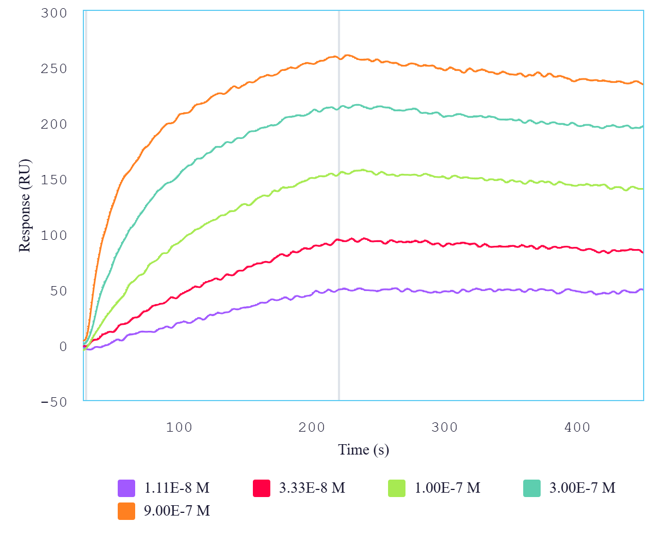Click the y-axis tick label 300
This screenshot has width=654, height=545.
[x=53, y=13]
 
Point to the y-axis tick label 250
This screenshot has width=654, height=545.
[x=53, y=69]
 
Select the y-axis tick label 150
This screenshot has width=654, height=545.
[x=53, y=180]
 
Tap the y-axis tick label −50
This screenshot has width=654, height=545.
[x=53, y=402]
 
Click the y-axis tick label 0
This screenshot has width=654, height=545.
[x=63, y=347]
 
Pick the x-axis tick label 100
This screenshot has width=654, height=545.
[x=180, y=427]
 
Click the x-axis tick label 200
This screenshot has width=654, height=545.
[x=312, y=427]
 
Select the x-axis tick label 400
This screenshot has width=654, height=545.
[x=578, y=427]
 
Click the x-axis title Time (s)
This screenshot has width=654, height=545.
[x=364, y=450]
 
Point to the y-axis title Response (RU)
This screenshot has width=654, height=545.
[x=25, y=205]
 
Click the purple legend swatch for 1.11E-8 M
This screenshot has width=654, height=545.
[x=126, y=488]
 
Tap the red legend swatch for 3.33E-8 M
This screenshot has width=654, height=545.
[x=262, y=488]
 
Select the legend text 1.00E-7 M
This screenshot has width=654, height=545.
[x=447, y=488]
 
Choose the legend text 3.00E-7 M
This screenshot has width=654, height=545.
[x=583, y=488]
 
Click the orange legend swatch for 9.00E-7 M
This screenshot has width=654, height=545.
[x=126, y=511]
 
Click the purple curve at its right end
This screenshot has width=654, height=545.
[x=643, y=289]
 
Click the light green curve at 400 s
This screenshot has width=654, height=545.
[x=578, y=185]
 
